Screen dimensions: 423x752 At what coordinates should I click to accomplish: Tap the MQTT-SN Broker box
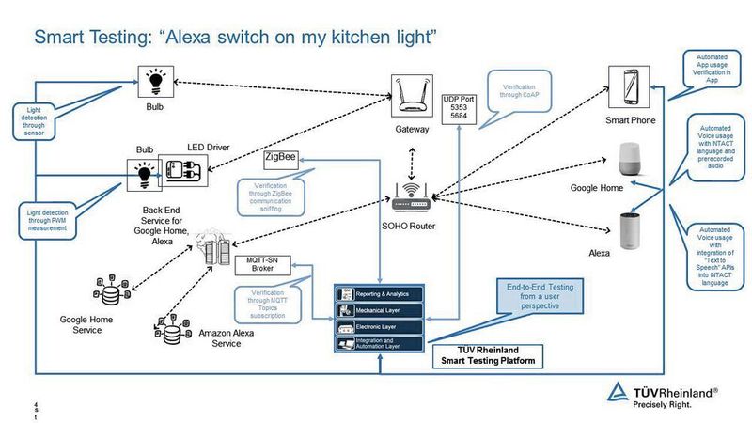tap(266, 263)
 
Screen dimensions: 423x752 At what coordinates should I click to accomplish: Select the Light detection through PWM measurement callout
tap(46, 219)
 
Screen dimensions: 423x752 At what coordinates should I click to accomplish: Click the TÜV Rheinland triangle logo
tap(618, 394)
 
